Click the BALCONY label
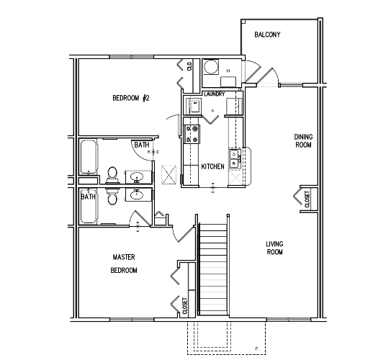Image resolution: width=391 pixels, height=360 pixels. click(267, 35)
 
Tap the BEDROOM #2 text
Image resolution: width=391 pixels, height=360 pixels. click(131, 98)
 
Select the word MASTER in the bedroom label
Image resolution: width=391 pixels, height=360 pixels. click(124, 257)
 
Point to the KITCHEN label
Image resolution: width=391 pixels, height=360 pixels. click(212, 166)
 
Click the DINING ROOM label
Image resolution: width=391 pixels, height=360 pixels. click(303, 141)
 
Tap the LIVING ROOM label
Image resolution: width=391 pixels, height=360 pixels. click(275, 248)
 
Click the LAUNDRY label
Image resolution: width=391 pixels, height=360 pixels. click(214, 94)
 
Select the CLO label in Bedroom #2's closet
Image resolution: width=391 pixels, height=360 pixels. click(189, 66)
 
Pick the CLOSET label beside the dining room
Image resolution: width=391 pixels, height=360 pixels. click(307, 199)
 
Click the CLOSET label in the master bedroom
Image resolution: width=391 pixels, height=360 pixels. click(185, 306)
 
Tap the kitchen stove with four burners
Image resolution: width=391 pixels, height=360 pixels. click(192, 134)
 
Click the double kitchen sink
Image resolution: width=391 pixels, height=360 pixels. click(235, 158)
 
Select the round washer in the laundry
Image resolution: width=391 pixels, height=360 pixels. click(211, 66)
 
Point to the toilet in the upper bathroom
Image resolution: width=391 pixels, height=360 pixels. click(112, 174)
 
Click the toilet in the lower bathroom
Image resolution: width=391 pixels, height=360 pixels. click(112, 197)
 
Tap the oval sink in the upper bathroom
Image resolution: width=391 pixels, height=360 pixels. click(136, 177)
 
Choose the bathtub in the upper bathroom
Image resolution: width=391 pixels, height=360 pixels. click(89, 156)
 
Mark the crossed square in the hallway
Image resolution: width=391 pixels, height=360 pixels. click(168, 174)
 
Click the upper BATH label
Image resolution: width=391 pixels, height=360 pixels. click(142, 145)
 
